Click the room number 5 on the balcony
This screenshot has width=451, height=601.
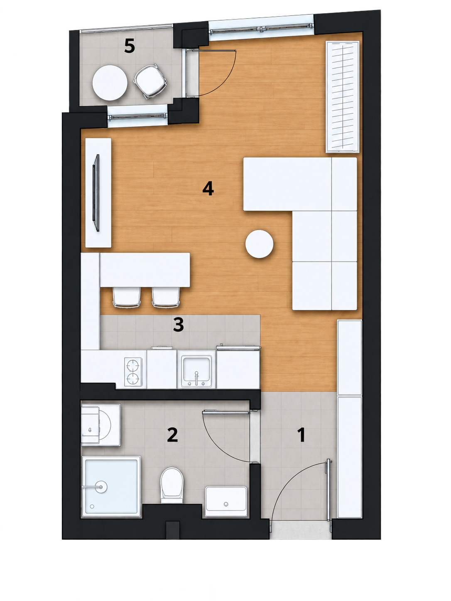130,46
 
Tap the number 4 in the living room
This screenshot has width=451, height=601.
208,189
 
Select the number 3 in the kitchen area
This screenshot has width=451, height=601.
178,325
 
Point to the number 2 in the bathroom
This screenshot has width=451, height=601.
172,435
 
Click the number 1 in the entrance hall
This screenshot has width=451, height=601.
301,435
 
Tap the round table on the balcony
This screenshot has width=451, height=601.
110,83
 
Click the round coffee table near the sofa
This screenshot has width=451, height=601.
259,244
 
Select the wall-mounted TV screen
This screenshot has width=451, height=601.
96,193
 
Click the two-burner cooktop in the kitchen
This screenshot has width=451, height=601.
133,372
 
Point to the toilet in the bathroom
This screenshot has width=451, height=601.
172,486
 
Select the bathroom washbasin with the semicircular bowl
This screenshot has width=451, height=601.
100,425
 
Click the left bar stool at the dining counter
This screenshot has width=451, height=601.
127,297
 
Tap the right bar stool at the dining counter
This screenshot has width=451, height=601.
166,297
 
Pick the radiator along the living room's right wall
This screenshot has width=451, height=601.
342,97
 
